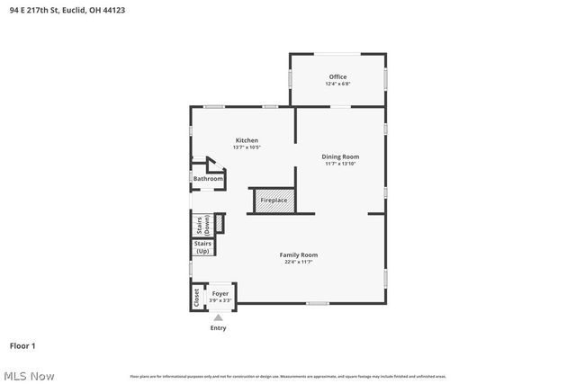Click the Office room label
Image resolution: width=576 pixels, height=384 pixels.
pyautogui.click(x=337, y=77)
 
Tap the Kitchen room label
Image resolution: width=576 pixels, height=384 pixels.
pyautogui.click(x=247, y=140)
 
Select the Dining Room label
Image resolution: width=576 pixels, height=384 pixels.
pyautogui.click(x=340, y=156)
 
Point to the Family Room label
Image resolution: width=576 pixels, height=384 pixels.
pyautogui.click(x=301, y=255)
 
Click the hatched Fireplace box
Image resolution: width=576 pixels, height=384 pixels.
pyautogui.click(x=274, y=201)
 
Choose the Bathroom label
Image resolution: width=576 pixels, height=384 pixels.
pyautogui.click(x=208, y=178)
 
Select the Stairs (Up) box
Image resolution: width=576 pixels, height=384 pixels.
pyautogui.click(x=202, y=247)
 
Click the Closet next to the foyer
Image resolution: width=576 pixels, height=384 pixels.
pyautogui.click(x=197, y=297)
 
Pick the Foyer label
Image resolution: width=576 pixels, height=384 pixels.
pyautogui.click(x=220, y=293)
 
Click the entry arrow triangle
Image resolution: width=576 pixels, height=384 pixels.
pyautogui.click(x=218, y=317)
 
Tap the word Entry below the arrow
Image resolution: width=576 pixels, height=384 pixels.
pyautogui.click(x=219, y=327)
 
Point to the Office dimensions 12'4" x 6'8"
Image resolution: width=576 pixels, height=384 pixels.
pyautogui.click(x=337, y=84)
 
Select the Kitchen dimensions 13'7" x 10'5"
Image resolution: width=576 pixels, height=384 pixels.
pyautogui.click(x=247, y=147)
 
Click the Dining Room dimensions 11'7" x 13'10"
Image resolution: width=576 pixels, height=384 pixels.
pyautogui.click(x=340, y=164)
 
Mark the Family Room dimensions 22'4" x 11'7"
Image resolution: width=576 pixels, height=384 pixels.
pyautogui.click(x=301, y=262)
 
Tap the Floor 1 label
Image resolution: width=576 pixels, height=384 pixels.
pyautogui.click(x=23, y=345)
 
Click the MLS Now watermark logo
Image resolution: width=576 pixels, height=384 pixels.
pyautogui.click(x=28, y=375)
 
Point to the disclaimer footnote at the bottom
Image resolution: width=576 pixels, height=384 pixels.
pyautogui.click(x=288, y=376)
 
